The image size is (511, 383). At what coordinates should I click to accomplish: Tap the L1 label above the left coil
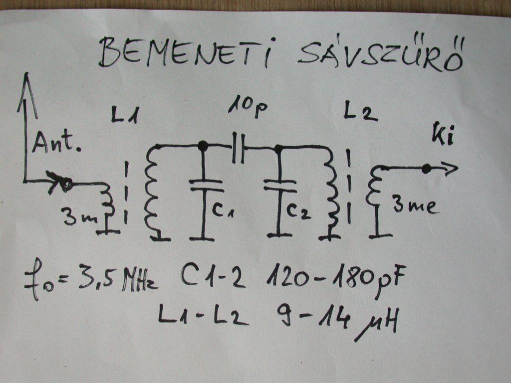click(125, 118)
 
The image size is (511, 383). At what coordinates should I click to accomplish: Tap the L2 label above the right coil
click(360, 114)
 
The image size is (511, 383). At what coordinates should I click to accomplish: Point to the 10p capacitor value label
click(248, 108)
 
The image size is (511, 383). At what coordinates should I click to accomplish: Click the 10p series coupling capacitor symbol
click(239, 148)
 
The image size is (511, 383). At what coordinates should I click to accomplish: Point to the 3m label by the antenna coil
click(77, 217)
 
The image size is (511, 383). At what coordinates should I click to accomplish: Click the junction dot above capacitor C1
click(203, 146)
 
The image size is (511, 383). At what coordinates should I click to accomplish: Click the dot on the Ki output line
click(426, 169)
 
